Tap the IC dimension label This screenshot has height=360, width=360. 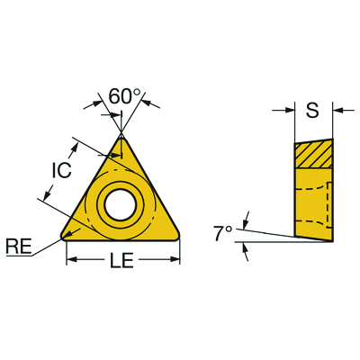coord(61,170)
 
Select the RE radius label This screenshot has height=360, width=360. coord(19,247)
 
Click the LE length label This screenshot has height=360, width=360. coord(121,260)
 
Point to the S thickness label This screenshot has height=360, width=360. coord(312,110)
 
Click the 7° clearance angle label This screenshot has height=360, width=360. coord(223,234)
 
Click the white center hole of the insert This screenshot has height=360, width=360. coord(121,203)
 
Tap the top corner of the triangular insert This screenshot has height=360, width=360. coord(121,137)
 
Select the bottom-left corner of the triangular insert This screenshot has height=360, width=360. coord(63,237)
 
